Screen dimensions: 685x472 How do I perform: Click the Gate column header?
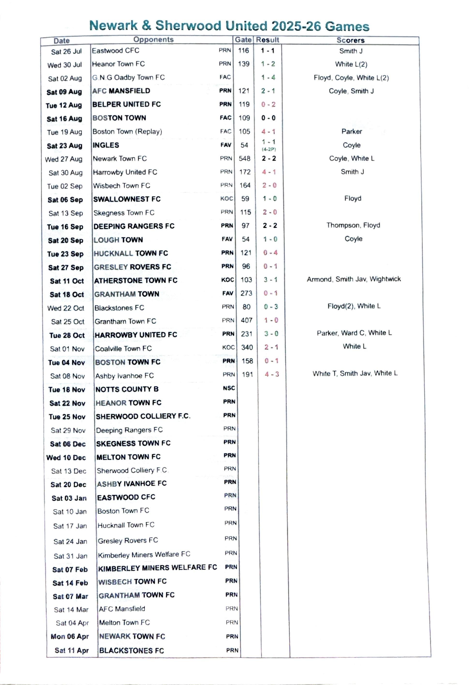pos(243,40)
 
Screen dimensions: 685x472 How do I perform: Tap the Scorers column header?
pos(350,40)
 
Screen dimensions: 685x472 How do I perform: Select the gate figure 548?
pos(244,158)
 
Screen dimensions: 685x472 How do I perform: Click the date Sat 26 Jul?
pos(66,52)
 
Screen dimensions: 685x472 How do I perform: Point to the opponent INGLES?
pos(106,145)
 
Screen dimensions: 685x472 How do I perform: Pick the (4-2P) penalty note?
pos(269,150)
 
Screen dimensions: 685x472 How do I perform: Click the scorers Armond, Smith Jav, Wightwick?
pos(354,279)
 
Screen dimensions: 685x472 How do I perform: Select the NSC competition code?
pos(229,388)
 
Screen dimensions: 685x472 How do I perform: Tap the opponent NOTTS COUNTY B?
pos(127,389)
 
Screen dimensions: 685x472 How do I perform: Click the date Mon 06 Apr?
pos(70,636)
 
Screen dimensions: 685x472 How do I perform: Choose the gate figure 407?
pos(246,320)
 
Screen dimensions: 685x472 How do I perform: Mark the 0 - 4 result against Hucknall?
pos(270,253)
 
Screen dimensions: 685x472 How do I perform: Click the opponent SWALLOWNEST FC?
pos(127,199)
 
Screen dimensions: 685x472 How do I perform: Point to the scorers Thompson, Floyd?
pos(353,225)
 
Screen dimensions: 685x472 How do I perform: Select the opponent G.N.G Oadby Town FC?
pos(128,77)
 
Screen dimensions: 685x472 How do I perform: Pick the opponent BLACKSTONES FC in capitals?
pos(132,651)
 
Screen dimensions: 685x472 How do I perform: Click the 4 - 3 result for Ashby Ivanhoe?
pos(272,374)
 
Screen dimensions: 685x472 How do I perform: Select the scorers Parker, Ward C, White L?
pos(354,333)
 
